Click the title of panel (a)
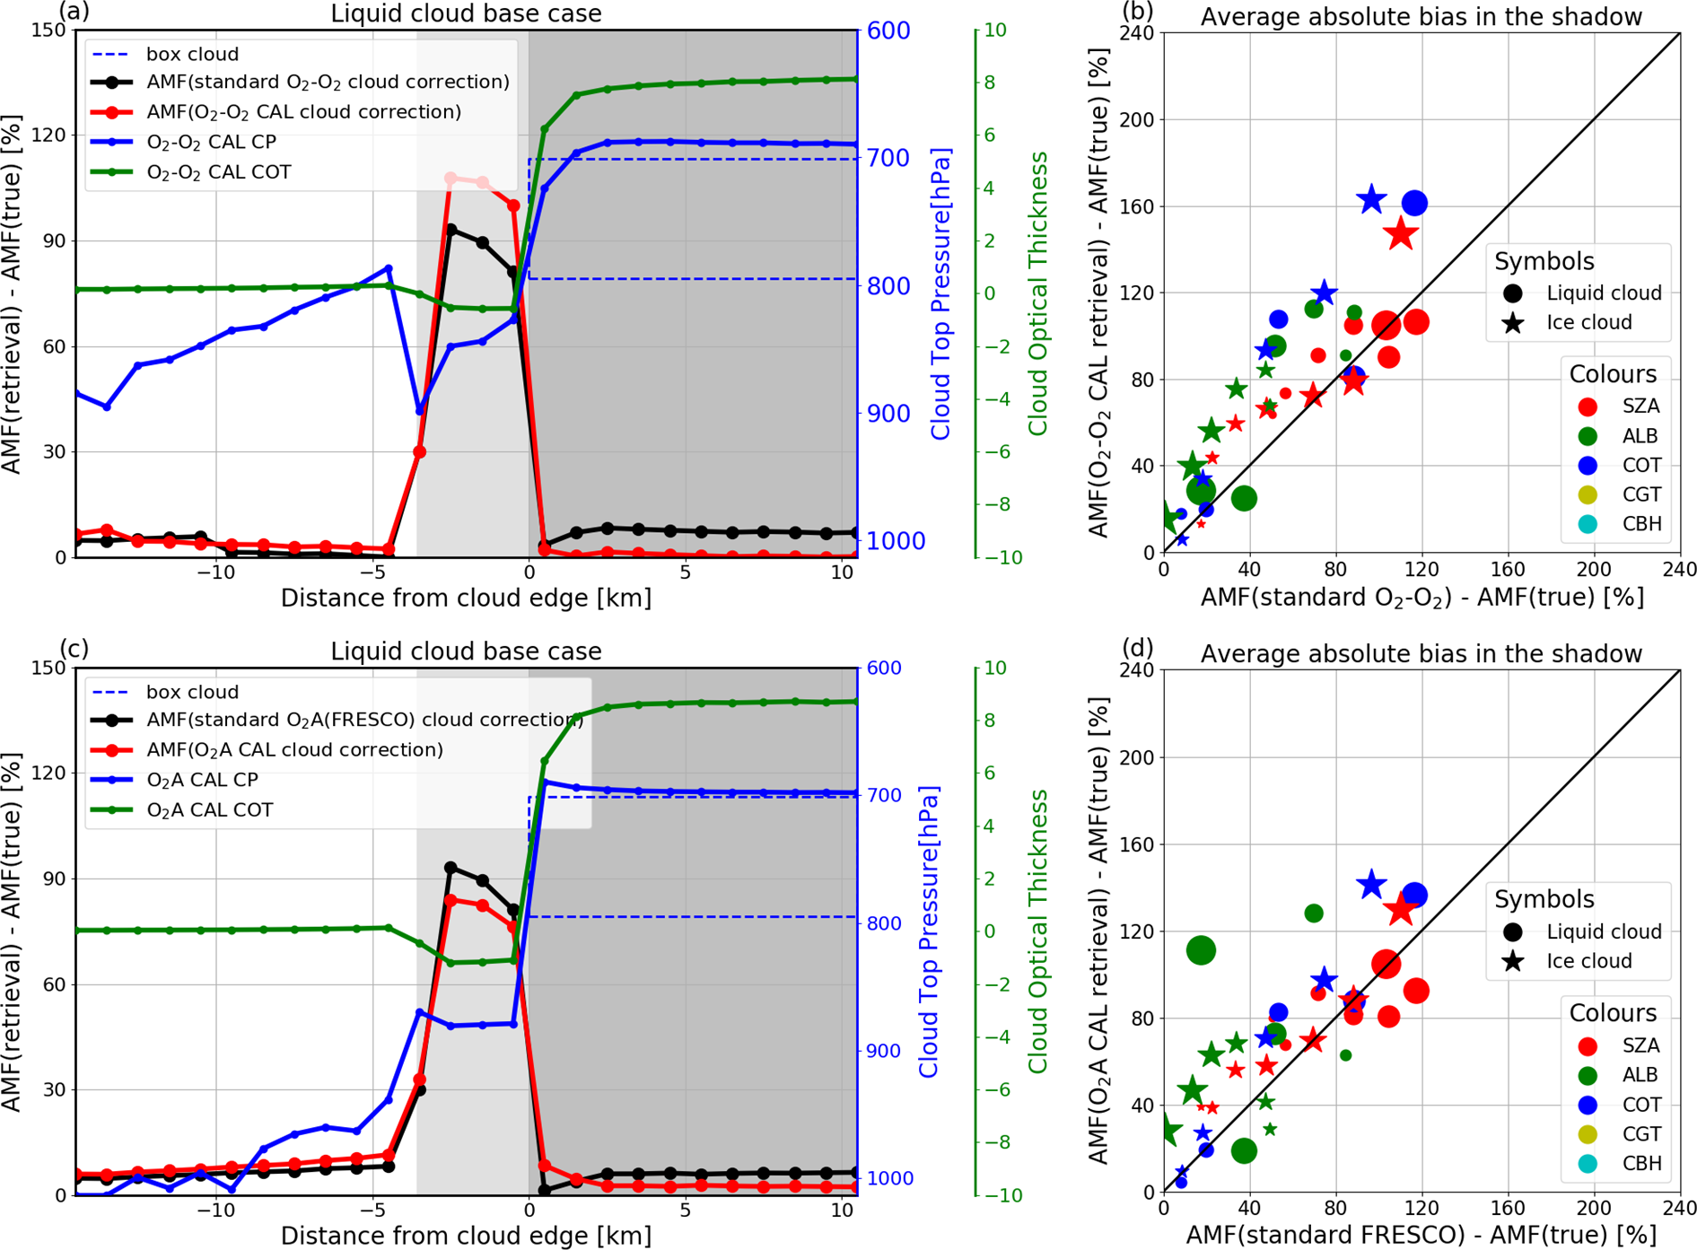[466, 14]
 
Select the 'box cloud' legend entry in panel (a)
[192, 54]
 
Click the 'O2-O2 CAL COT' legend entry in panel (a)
[218, 172]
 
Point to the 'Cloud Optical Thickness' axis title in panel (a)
[1038, 293]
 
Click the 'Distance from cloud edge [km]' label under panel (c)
[466, 1236]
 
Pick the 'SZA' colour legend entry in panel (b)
[1640, 406]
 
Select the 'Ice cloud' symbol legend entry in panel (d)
[1588, 961]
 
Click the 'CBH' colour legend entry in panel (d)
[1641, 1164]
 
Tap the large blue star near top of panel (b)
[1371, 200]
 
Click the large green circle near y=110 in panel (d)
[1202, 950]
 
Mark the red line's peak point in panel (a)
[451, 179]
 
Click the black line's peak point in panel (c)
[451, 868]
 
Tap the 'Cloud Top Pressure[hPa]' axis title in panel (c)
[928, 931]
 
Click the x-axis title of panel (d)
[1421, 1236]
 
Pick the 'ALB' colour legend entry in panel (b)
[1640, 436]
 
